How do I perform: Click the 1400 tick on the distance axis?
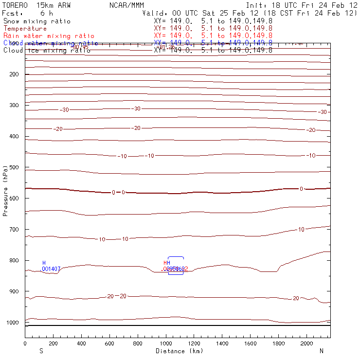point(222,343)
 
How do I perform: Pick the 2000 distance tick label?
point(307,343)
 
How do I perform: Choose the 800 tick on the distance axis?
point(138,343)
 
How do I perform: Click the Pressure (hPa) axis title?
point(5,189)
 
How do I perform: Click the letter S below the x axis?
point(41,351)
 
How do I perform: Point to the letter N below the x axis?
point(322,351)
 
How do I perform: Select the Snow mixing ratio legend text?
point(37,21)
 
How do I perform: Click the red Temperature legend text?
point(25,29)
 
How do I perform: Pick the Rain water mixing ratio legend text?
point(49,36)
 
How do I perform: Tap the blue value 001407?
point(51,269)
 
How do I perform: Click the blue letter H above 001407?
point(44,263)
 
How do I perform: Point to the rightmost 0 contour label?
point(301,189)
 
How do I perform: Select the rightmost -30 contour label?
point(322,112)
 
